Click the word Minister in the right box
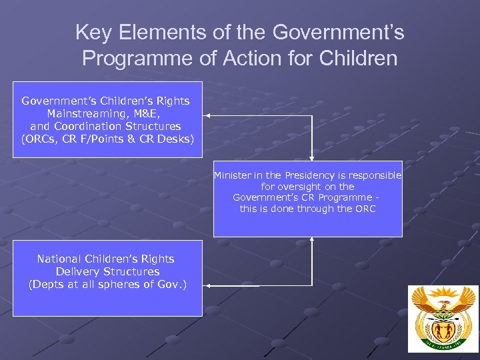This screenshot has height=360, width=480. point(233,175)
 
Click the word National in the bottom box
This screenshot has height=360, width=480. point(59,259)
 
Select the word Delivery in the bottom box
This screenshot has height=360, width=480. point(78,271)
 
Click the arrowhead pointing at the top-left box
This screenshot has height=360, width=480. point(206,115)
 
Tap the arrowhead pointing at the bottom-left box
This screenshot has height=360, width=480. point(206,285)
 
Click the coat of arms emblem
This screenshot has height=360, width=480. point(443,319)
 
